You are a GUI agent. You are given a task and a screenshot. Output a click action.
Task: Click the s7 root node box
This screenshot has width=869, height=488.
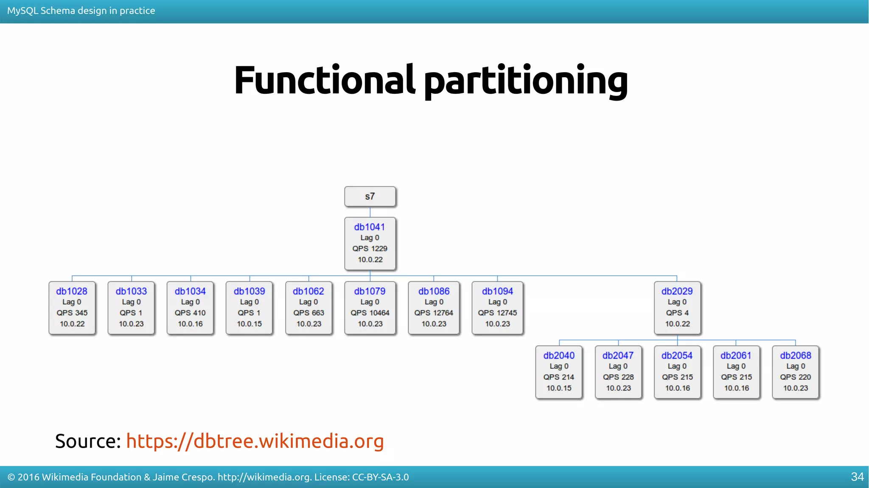[370, 196]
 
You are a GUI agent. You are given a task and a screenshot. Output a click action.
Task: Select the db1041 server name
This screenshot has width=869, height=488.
[370, 227]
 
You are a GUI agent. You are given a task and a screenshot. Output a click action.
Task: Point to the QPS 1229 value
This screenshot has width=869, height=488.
[370, 249]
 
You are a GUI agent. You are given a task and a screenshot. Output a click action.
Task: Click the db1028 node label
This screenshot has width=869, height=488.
[72, 291]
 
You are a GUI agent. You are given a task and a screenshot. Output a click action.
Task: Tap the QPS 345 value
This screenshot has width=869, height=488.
[72, 313]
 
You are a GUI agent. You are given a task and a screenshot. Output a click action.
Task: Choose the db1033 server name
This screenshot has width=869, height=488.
[131, 291]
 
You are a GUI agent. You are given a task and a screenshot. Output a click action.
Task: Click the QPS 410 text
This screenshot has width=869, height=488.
[190, 313]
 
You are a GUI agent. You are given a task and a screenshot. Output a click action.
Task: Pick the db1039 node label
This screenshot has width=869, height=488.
[249, 291]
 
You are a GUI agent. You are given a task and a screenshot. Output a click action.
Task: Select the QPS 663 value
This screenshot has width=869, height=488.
[308, 313]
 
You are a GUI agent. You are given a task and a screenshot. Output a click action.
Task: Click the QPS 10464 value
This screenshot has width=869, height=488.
[370, 313]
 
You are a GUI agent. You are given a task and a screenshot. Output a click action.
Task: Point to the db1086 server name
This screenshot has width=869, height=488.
[434, 291]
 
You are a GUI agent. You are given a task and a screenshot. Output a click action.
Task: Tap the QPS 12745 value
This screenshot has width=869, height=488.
[497, 313]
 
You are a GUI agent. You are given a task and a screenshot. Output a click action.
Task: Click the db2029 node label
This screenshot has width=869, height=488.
[677, 291]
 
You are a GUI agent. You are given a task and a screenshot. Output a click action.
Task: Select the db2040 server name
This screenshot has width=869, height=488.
[559, 356]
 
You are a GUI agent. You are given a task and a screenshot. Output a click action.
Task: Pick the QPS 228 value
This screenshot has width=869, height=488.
[618, 377]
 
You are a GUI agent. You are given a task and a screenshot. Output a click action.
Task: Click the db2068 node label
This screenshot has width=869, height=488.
[796, 356]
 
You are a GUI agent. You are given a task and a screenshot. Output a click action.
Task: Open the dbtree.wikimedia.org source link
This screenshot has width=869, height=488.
[255, 441]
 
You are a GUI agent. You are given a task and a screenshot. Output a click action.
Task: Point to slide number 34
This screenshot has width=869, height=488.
[857, 477]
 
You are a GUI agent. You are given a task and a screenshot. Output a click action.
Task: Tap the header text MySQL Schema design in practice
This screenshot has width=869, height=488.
[81, 11]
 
